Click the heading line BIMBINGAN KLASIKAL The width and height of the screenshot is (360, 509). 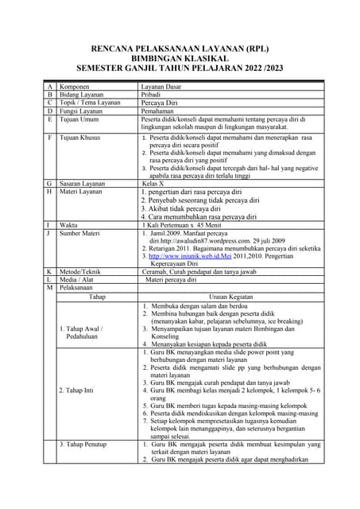(x=180, y=58)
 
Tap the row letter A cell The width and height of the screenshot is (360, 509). (x=49, y=85)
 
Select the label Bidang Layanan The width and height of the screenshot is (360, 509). (x=83, y=94)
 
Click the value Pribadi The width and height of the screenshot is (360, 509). (x=152, y=94)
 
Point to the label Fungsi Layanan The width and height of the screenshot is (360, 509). (x=83, y=111)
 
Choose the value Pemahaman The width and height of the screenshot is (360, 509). (x=158, y=111)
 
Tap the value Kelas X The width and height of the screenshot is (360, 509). (x=155, y=183)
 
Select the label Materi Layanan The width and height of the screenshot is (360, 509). (x=82, y=192)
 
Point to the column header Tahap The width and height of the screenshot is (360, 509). (x=97, y=296)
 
